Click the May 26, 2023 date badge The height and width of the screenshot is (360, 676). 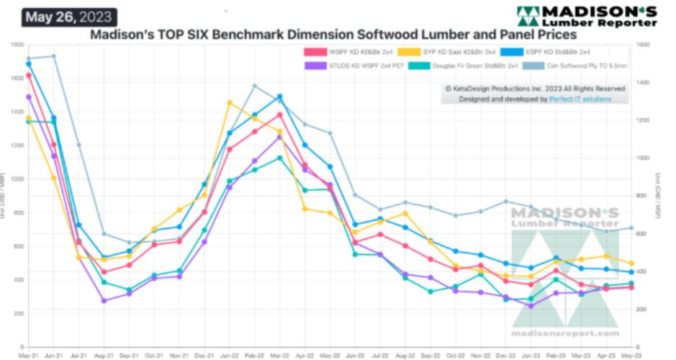coord(69,15)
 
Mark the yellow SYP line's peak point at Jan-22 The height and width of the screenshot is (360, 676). coord(230,103)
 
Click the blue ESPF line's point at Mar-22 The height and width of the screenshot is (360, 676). coord(279,96)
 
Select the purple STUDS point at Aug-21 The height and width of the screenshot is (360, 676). coord(104,300)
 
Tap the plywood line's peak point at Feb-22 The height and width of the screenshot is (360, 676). coord(255,86)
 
